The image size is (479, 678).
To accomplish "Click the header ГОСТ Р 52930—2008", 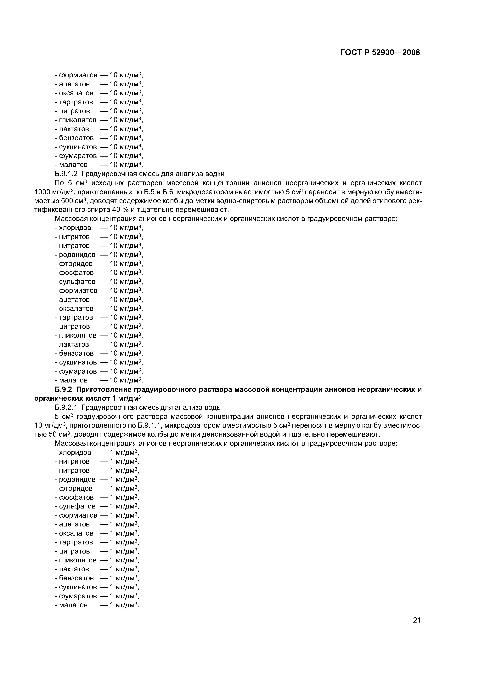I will click(380, 53).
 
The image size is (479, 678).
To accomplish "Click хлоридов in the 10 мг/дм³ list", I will click(75, 228).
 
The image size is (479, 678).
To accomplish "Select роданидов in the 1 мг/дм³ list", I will click(77, 479).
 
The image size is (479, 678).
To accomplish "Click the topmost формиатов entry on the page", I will click(78, 75).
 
